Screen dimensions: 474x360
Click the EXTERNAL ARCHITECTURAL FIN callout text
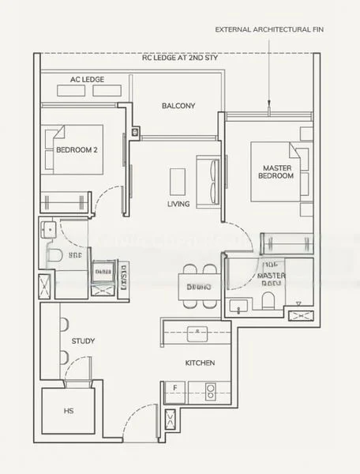268,29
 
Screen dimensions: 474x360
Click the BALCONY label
178,106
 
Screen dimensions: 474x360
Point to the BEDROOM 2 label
77,148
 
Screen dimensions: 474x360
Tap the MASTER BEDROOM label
276,171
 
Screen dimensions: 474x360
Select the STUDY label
84,341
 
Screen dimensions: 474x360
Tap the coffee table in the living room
178,180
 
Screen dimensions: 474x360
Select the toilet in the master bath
269,299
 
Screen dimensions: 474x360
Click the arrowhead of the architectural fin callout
269,103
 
